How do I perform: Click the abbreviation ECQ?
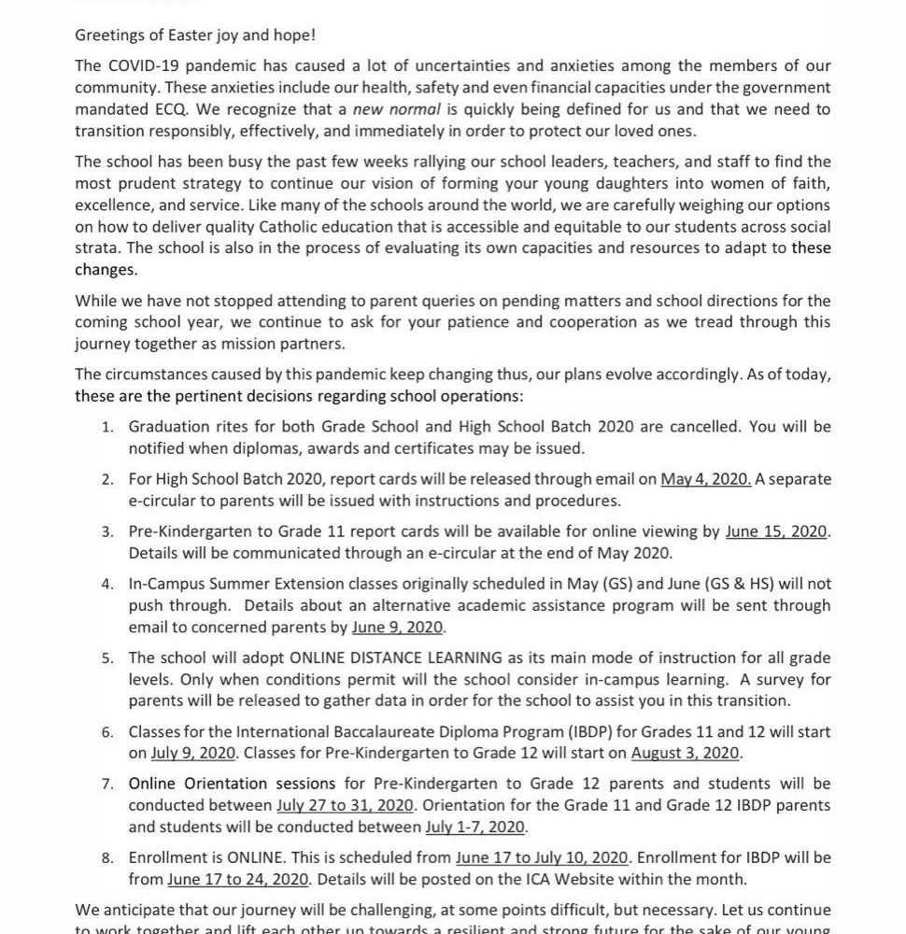point(164,109)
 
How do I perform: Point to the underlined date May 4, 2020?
point(705,479)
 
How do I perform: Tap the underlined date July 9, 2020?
point(191,753)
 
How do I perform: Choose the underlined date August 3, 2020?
point(685,753)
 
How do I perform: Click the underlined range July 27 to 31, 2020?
point(344,805)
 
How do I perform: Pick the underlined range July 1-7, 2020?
point(475,827)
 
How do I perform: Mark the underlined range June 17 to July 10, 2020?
point(541,857)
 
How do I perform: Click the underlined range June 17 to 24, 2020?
point(238,879)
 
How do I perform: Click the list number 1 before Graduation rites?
point(108,427)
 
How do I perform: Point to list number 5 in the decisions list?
point(108,658)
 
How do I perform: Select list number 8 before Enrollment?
point(108,857)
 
